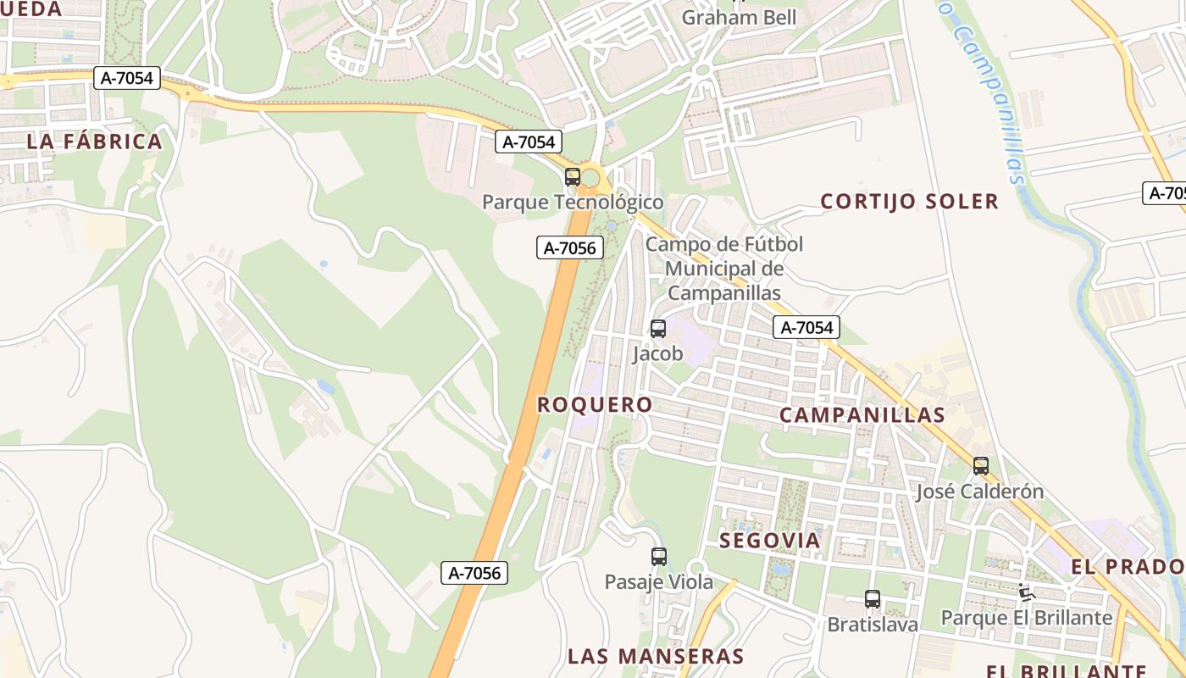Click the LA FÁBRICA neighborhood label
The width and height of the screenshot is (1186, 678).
[x=94, y=142]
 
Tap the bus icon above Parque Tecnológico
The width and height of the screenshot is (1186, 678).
[x=573, y=177]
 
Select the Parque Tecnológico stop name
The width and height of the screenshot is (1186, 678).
[x=573, y=203]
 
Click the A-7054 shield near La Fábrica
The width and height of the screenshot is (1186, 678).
[x=127, y=79]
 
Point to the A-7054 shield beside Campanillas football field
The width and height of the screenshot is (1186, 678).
[x=806, y=328]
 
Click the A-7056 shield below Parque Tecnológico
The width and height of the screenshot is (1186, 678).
[x=570, y=248]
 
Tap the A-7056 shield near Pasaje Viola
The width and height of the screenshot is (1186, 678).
[x=475, y=573]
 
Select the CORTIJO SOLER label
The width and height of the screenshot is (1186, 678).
[x=910, y=202]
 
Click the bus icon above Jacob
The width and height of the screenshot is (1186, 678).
[x=658, y=329]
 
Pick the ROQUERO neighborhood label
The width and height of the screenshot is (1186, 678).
[x=595, y=405]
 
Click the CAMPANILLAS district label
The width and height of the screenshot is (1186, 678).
[x=862, y=415]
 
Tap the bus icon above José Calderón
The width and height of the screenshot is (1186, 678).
[x=981, y=466]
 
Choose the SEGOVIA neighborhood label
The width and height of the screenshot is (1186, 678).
[x=770, y=541]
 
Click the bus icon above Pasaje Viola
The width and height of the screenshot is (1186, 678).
[x=659, y=557]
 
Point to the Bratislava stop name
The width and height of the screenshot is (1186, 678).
[x=873, y=625]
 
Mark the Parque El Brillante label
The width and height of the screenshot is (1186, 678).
[x=1026, y=618]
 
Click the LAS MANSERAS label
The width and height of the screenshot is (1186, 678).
[x=656, y=656]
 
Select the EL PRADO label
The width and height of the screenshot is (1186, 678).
[x=1128, y=567]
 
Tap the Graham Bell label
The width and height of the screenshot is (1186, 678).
[x=739, y=18]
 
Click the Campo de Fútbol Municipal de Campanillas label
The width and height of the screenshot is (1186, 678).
[x=723, y=269]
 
